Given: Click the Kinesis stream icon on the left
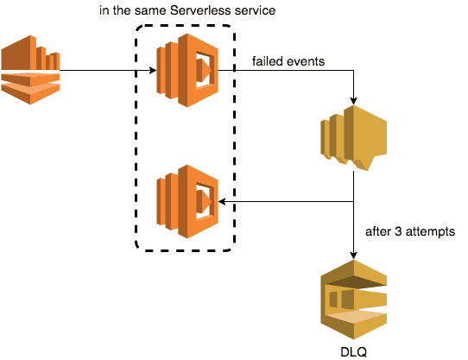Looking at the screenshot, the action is tap(30, 70).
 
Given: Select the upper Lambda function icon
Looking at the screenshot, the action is tap(187, 70).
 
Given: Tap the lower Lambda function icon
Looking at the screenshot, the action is tap(187, 201).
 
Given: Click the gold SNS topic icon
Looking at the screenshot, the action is tap(354, 138).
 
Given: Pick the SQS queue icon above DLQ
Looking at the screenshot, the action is tap(354, 300).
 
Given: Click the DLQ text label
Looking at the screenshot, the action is tap(354, 352).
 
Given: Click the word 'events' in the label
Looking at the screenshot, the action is tap(306, 61).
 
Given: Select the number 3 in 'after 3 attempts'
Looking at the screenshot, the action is tap(398, 231).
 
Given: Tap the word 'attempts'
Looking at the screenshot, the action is tap(430, 232).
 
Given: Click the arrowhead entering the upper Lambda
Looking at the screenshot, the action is tap(153, 71).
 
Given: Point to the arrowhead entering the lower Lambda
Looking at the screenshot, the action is tap(223, 202).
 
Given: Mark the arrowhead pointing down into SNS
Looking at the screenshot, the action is tap(354, 101).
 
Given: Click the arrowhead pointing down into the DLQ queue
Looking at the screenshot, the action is tap(354, 256).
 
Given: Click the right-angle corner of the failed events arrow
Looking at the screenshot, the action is tap(354, 71).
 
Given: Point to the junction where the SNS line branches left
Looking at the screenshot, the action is tap(354, 202).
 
